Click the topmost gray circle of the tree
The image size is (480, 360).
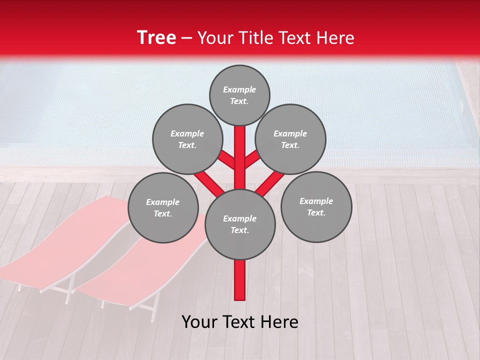(239, 95)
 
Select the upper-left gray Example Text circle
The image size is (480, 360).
(187, 139)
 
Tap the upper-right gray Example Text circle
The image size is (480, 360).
(290, 139)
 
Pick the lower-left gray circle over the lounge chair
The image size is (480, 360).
(163, 207)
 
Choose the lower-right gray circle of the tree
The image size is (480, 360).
(316, 206)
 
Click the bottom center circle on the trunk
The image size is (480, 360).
(240, 224)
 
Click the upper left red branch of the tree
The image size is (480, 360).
(226, 159)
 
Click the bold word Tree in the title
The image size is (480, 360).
(156, 38)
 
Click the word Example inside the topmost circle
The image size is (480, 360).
(239, 89)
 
